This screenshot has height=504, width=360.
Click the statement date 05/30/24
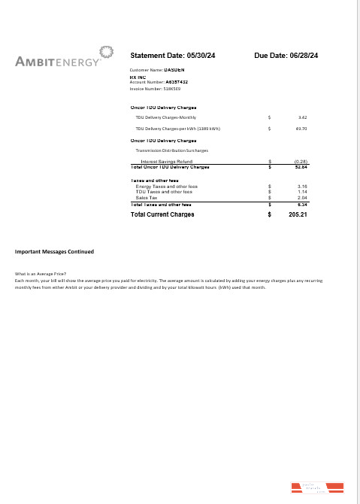coord(199,56)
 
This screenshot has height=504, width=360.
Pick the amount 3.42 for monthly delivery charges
coord(302,117)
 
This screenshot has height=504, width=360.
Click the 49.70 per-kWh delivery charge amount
coord(301,129)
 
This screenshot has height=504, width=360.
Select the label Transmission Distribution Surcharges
coord(172,150)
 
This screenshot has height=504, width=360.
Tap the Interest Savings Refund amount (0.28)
coord(301,161)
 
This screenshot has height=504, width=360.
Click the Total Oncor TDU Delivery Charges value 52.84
coord(301,166)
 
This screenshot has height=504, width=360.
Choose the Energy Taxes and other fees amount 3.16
coord(302,186)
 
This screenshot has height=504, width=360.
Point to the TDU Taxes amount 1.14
coord(302,192)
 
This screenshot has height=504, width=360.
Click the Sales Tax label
coord(147,197)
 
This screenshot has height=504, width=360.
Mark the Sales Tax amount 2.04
coord(302,197)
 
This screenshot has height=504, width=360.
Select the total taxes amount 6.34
coord(302,204)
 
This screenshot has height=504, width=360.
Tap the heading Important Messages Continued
coord(55,251)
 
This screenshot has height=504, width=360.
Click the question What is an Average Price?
coord(41,274)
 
